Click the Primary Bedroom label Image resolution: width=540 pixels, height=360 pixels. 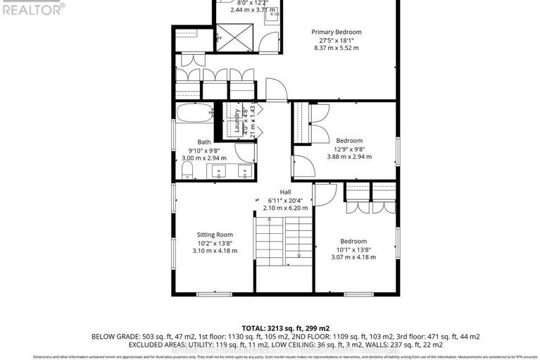[x=337, y=32]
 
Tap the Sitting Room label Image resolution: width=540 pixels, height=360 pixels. [x=214, y=235]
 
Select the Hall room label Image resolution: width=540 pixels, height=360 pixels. [x=285, y=192]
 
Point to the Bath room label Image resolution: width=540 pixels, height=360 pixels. [x=203, y=142]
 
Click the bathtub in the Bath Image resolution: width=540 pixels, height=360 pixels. [x=194, y=113]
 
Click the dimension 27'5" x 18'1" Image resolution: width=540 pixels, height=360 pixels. [x=337, y=41]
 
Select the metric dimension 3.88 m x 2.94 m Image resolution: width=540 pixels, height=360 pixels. [x=349, y=157]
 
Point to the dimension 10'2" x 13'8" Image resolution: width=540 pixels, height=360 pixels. [x=214, y=243]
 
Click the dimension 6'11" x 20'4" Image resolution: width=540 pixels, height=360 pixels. [x=285, y=200]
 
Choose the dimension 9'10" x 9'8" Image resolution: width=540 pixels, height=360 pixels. [x=203, y=150]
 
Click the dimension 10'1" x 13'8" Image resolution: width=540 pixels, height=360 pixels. [x=353, y=249]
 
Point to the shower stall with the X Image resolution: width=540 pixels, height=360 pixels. [x=229, y=34]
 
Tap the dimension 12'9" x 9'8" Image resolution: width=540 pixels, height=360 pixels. [x=349, y=149]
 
